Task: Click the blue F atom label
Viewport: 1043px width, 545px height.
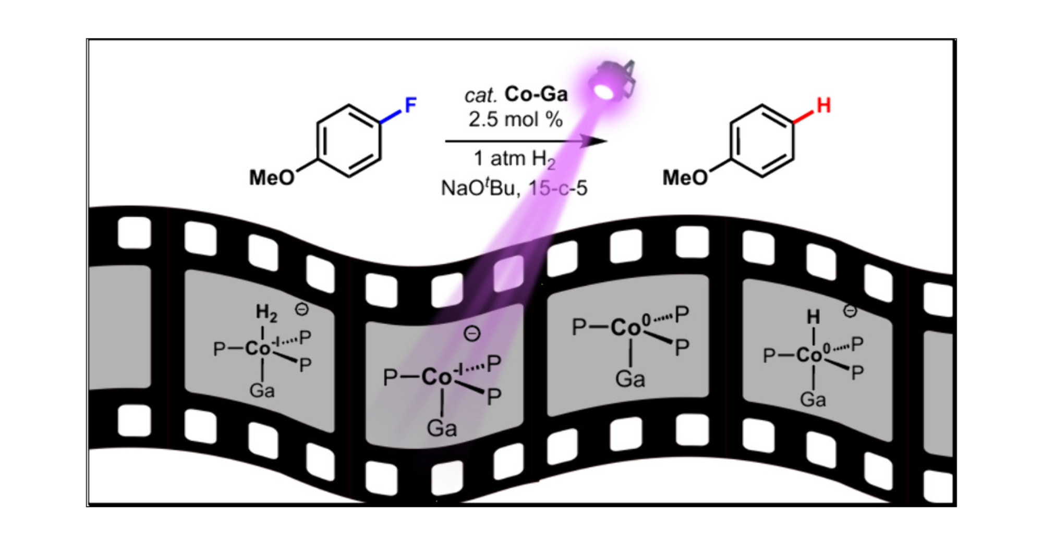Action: [410, 106]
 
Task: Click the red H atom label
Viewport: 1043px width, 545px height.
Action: [823, 106]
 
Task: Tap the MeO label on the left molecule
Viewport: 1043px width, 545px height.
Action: [272, 178]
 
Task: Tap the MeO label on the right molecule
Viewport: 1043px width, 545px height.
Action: [685, 178]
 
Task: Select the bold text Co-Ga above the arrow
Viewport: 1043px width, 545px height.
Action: [536, 94]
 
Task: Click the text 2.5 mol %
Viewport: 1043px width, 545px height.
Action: [515, 119]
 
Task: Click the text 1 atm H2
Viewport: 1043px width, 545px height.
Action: [514, 159]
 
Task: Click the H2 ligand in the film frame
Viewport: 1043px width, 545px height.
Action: [266, 313]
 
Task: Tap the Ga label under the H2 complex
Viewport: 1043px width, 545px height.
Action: [262, 390]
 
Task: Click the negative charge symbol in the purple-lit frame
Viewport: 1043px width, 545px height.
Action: [472, 333]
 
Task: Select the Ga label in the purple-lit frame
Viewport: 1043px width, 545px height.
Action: [442, 428]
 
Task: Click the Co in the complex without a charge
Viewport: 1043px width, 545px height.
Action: [625, 328]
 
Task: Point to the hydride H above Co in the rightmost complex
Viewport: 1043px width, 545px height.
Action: [813, 317]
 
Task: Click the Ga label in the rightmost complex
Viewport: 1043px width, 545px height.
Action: [813, 400]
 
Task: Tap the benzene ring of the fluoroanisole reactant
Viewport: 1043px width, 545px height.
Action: [348, 141]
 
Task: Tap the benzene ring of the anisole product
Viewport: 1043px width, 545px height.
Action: [761, 141]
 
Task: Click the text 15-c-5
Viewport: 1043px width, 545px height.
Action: [558, 188]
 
